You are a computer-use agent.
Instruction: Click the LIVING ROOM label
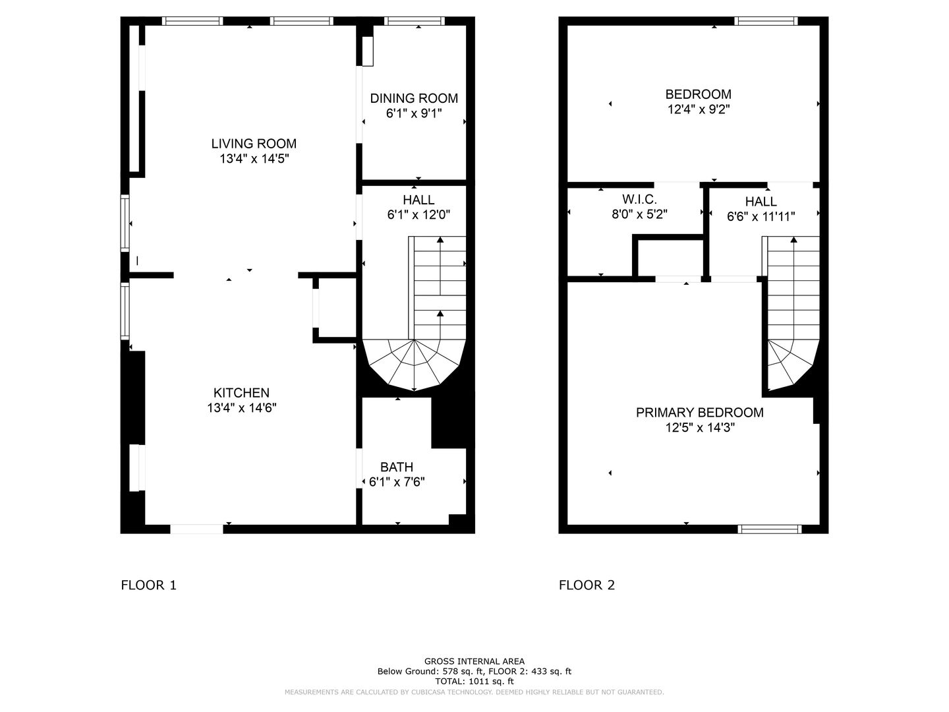[254, 144]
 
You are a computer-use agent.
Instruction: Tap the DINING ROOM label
[414, 99]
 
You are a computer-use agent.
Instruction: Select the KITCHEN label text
[241, 392]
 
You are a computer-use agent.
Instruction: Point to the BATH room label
[397, 467]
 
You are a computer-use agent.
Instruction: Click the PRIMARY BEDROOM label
[699, 413]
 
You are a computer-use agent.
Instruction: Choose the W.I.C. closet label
[639, 199]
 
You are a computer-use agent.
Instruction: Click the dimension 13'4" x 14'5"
[254, 159]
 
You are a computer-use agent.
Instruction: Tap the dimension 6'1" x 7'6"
[397, 481]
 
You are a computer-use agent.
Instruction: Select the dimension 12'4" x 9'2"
[698, 109]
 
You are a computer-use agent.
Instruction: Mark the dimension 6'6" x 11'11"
[761, 216]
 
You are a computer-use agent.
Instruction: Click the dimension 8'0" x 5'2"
[639, 214]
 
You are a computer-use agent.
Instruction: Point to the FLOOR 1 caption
[149, 585]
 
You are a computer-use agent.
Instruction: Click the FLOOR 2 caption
[587, 585]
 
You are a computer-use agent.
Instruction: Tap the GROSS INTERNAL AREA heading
[474, 661]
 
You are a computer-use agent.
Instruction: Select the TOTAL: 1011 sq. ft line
[474, 681]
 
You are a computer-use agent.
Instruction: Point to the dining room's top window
[414, 20]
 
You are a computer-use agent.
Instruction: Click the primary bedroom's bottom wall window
[769, 529]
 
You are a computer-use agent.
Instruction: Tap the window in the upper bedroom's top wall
[766, 20]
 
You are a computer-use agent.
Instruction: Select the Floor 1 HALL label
[418, 200]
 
